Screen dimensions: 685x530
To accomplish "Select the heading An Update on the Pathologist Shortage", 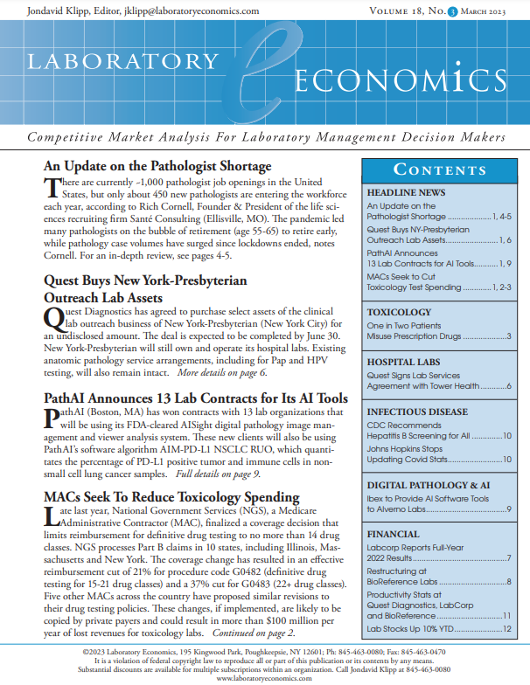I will click(x=157, y=166).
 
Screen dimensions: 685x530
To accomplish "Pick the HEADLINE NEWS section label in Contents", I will click(x=406, y=191).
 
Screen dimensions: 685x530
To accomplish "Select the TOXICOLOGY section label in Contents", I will click(x=399, y=311).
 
